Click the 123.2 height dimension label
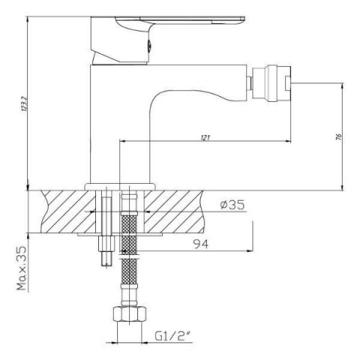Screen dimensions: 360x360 click(x=24, y=103)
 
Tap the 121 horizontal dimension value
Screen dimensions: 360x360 click(x=205, y=137)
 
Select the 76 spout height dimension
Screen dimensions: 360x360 click(x=339, y=136)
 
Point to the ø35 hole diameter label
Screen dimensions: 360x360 click(x=232, y=205)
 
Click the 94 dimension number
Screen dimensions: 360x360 click(x=201, y=244)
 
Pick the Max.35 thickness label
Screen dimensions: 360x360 click(x=22, y=268)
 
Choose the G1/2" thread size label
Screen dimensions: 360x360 click(x=172, y=336)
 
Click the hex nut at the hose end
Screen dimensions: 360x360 click(x=129, y=314)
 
